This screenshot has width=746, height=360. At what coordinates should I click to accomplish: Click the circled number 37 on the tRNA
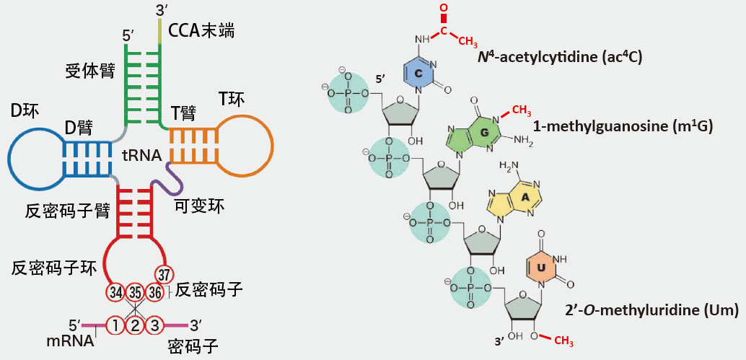coord(164,274)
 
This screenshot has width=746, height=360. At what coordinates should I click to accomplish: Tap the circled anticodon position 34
coord(115,292)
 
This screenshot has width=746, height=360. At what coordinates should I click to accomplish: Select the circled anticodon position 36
coord(154,292)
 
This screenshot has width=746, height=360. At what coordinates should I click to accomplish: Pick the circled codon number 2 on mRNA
coord(135,325)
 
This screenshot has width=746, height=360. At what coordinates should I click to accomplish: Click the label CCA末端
coord(201,31)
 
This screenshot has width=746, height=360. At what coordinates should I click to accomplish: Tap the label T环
coord(232,97)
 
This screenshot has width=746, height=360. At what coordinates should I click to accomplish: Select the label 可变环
coord(199,206)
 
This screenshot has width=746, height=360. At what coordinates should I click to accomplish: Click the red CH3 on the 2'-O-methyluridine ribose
coord(564,340)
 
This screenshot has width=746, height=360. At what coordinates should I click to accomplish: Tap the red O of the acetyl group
coord(444,8)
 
